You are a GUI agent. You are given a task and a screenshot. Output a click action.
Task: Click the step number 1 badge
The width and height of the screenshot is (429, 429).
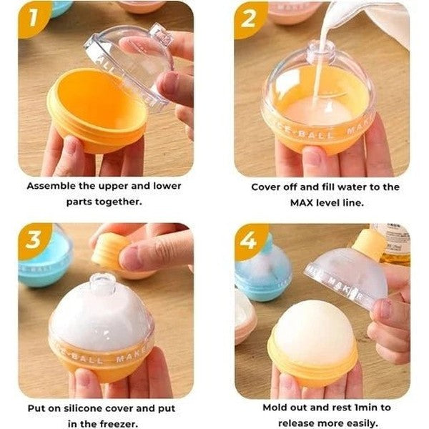click(34, 19)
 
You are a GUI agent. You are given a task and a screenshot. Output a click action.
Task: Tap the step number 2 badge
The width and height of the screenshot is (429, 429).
click(250, 19)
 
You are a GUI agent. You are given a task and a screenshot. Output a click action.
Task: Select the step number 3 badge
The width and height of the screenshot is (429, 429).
click(34, 240)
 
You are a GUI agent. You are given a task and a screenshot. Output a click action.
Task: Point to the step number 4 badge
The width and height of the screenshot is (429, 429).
click(250, 240)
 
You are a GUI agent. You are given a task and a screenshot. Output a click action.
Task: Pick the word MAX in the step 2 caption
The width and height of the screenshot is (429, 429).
click(302, 203)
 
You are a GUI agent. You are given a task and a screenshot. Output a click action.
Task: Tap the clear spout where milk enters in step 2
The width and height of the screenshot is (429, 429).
click(320, 52)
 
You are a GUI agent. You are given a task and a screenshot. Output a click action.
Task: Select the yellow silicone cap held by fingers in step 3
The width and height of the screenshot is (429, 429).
click(107, 252)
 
